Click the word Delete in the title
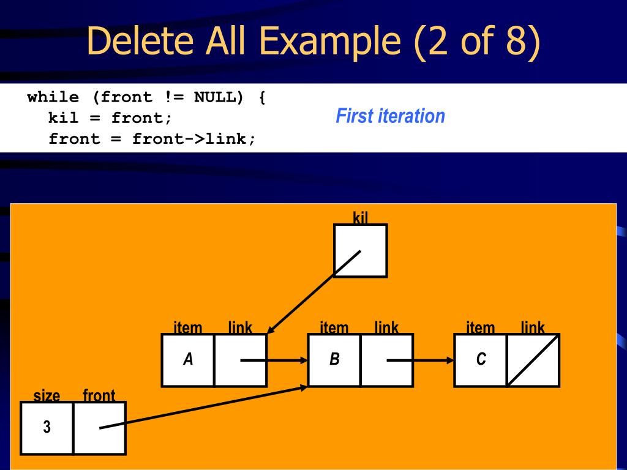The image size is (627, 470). pyautogui.click(x=141, y=40)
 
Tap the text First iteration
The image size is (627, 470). pyautogui.click(x=390, y=116)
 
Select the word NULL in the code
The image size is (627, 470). pyautogui.click(x=214, y=97)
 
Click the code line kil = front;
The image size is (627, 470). pyautogui.click(x=111, y=117)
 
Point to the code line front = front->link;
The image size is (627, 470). pyautogui.click(x=152, y=138)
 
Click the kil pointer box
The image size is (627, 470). pyautogui.click(x=360, y=251)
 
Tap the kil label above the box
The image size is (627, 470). pyautogui.click(x=361, y=217)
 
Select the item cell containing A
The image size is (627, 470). pyautogui.click(x=188, y=360)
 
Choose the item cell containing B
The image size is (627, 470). pyautogui.click(x=334, y=360)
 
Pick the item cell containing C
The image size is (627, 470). pyautogui.click(x=481, y=360)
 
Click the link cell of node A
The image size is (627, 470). pyautogui.click(x=240, y=360)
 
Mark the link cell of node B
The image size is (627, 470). pyautogui.click(x=386, y=360)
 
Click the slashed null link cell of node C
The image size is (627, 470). pyautogui.click(x=533, y=360)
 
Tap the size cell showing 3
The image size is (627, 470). pyautogui.click(x=47, y=428)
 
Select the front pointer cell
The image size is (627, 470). pyautogui.click(x=99, y=428)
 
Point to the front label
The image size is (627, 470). pyautogui.click(x=99, y=395)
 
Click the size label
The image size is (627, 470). pyautogui.click(x=47, y=395)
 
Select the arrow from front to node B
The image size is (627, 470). pyautogui.click(x=202, y=407)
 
